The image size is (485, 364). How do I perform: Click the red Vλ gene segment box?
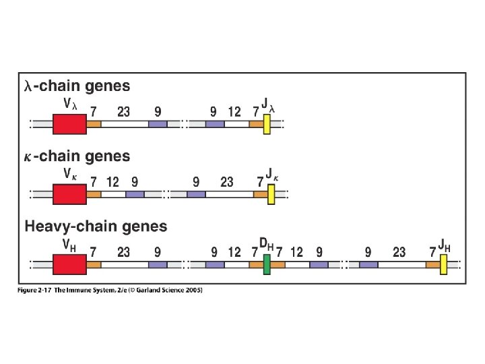69,124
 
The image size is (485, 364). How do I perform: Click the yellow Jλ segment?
267,124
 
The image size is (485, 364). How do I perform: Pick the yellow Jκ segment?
271,194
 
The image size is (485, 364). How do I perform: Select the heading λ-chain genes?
77,86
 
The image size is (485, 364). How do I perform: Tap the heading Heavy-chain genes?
96,226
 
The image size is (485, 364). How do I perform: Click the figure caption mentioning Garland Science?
110,291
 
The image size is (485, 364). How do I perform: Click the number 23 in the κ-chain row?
227,182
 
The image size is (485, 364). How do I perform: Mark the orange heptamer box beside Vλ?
94,124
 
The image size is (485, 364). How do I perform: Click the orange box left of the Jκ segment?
260,194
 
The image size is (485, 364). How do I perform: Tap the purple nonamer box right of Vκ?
135,194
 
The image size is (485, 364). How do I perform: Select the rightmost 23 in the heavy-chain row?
399,252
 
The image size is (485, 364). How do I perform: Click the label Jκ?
272,175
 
